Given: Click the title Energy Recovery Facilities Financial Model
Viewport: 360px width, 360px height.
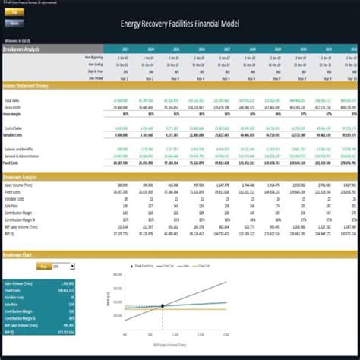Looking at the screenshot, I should (x=179, y=23).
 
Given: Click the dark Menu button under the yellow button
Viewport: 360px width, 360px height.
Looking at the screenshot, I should (x=14, y=23).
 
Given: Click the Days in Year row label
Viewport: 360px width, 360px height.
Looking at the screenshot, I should (x=99, y=71).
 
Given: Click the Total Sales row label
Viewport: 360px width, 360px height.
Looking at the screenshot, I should (x=13, y=99).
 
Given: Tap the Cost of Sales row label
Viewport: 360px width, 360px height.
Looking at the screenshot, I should (x=14, y=128).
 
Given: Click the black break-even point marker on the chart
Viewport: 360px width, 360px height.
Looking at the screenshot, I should (x=163, y=306).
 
